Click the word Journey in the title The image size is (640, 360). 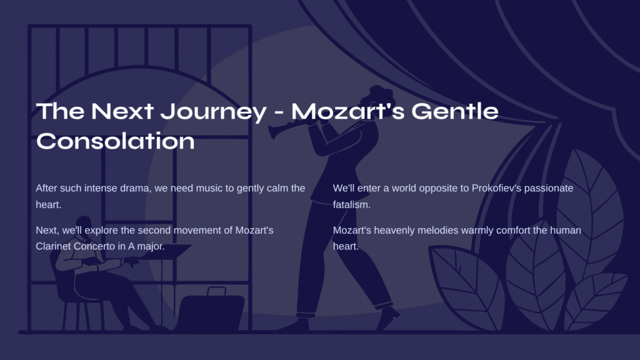pos(213,111)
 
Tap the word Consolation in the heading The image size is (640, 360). pos(116,141)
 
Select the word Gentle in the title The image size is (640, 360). pos(455,111)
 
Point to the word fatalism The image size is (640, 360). pos(351,204)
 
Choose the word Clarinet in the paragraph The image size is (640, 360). pos(53,246)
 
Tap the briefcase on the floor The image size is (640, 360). pos(211,310)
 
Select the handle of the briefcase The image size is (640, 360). pos(216,291)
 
